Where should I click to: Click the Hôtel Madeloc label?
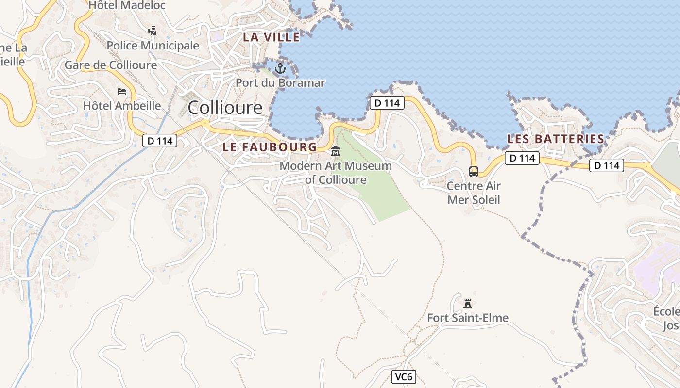127,5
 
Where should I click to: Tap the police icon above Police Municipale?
153,31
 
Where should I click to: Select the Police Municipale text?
153,46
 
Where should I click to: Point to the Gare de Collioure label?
111,65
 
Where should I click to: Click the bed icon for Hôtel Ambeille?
122,91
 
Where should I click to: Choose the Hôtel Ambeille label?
122,105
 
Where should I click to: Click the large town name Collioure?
225,107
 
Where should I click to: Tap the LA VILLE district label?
272,37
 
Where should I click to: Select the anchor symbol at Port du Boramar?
280,68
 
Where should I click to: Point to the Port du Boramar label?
280,83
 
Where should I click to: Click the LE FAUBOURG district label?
270,147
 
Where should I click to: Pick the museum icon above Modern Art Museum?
336,152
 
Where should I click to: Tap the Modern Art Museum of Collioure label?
336,173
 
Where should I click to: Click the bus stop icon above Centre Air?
473,171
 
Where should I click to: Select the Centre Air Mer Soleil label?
474,193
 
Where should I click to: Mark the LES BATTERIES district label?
556,139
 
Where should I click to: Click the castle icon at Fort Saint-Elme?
468,304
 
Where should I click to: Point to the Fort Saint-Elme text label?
468,318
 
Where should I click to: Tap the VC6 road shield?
404,377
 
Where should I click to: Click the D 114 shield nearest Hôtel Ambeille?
160,141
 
